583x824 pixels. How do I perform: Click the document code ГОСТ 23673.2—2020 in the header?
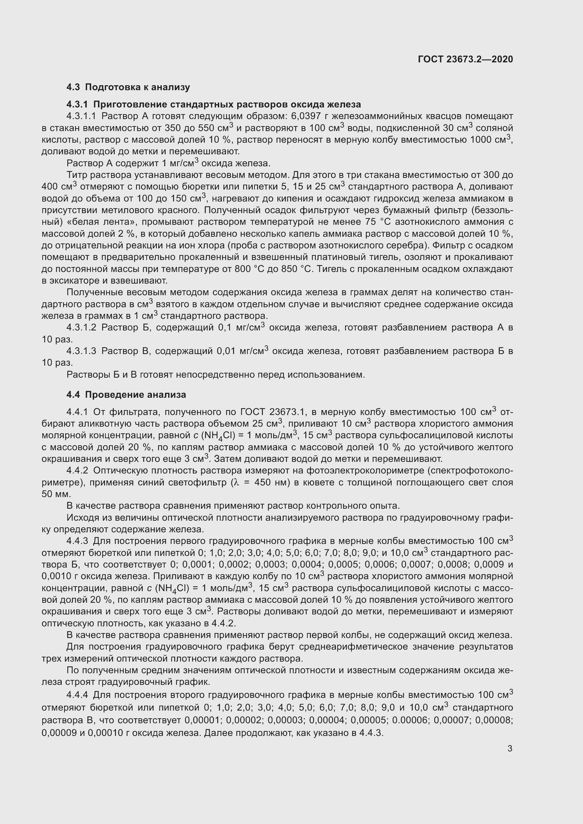click(465, 59)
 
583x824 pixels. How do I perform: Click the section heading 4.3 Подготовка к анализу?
click(128, 87)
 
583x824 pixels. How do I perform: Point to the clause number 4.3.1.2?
click(81, 327)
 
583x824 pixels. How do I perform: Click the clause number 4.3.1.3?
click(81, 351)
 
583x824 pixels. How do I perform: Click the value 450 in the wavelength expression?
click(265, 482)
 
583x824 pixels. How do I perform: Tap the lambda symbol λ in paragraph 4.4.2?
click(236, 482)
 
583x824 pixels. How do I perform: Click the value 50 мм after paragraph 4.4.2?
click(56, 494)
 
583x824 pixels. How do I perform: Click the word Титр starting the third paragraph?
click(76, 175)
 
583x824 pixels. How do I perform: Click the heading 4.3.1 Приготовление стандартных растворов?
click(214, 104)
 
